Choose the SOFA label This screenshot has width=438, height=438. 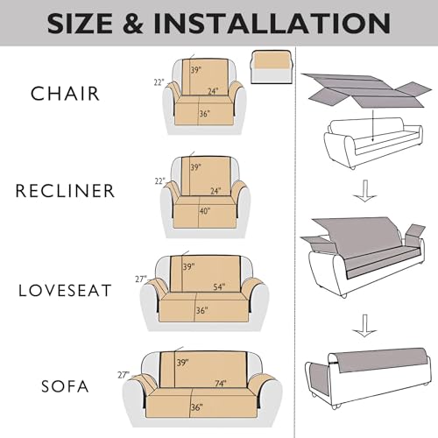71,385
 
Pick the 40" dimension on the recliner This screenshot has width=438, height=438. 205,210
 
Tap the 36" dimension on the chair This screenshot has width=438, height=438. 203,112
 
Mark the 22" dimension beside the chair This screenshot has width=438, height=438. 159,81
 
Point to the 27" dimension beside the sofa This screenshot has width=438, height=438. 124,375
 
